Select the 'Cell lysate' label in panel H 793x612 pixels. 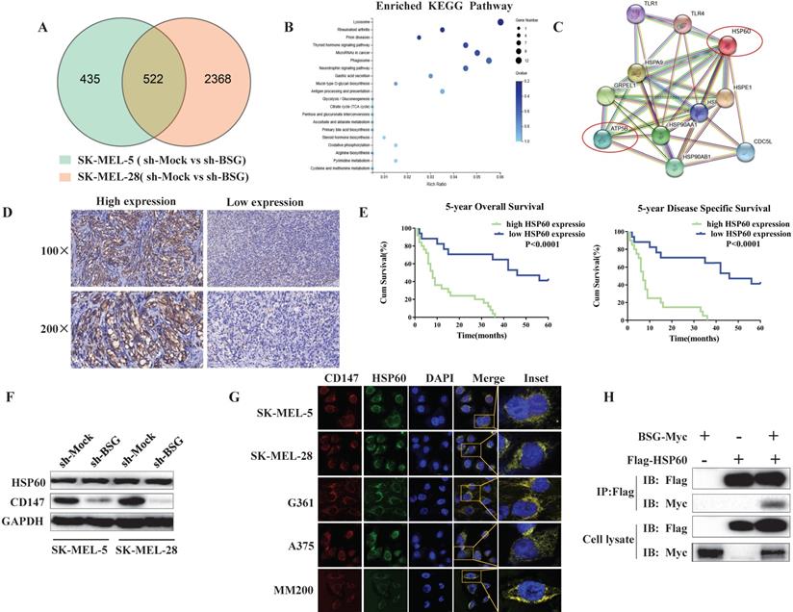click(615, 539)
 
